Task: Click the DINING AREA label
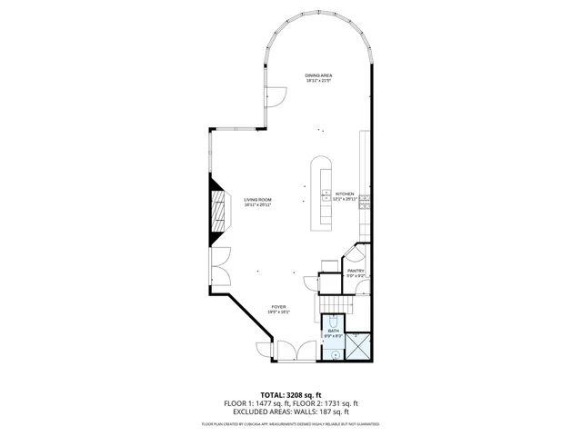pos(317,75)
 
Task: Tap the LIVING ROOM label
pos(257,200)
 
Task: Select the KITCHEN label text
pos(344,194)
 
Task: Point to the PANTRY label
pos(356,271)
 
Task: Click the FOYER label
pos(278,307)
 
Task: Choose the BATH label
pos(333,331)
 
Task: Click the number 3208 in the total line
pos(300,395)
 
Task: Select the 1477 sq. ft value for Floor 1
pos(266,403)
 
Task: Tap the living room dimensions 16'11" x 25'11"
pos(257,205)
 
